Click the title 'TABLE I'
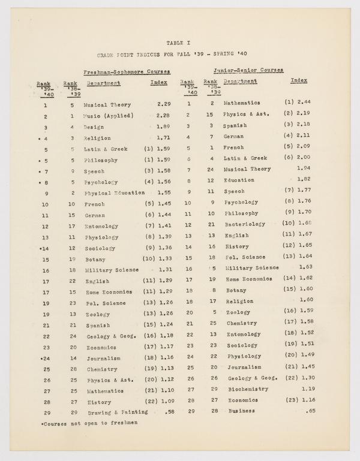180,43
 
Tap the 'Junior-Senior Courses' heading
249,70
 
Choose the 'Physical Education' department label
114,193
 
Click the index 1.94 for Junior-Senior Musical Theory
304,168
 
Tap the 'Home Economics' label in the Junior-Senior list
249,279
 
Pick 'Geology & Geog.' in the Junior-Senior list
251,378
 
